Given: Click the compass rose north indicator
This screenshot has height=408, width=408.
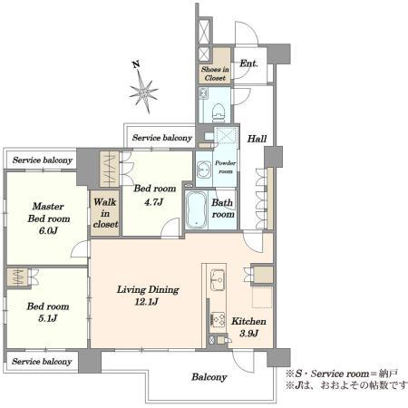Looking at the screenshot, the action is [143, 88].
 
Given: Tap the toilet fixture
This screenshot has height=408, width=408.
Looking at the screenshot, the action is [219, 111].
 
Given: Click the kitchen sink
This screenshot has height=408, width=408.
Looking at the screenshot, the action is [218, 279].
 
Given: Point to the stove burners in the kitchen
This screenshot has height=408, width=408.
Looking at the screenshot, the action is [218, 319].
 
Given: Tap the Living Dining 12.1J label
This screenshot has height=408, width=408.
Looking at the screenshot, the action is [148, 296].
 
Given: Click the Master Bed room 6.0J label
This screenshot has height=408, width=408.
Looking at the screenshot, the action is [49, 219].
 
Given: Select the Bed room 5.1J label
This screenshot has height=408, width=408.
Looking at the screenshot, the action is [48, 312].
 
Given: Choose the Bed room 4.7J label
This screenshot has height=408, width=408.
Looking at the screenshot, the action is [155, 194].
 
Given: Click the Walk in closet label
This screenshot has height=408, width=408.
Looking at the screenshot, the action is [105, 213].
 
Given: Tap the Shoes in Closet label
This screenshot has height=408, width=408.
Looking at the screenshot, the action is [215, 73].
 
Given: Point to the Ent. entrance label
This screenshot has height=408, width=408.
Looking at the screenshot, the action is [248, 63].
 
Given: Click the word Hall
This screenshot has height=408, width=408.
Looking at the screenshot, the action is [257, 139].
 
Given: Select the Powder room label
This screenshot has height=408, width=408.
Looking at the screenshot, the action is [226, 167].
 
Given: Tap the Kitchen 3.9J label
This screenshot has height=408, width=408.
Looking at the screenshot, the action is [248, 327].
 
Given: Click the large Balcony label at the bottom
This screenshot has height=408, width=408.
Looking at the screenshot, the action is [209, 377].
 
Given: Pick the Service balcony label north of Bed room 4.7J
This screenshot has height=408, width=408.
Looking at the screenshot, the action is [162, 138].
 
